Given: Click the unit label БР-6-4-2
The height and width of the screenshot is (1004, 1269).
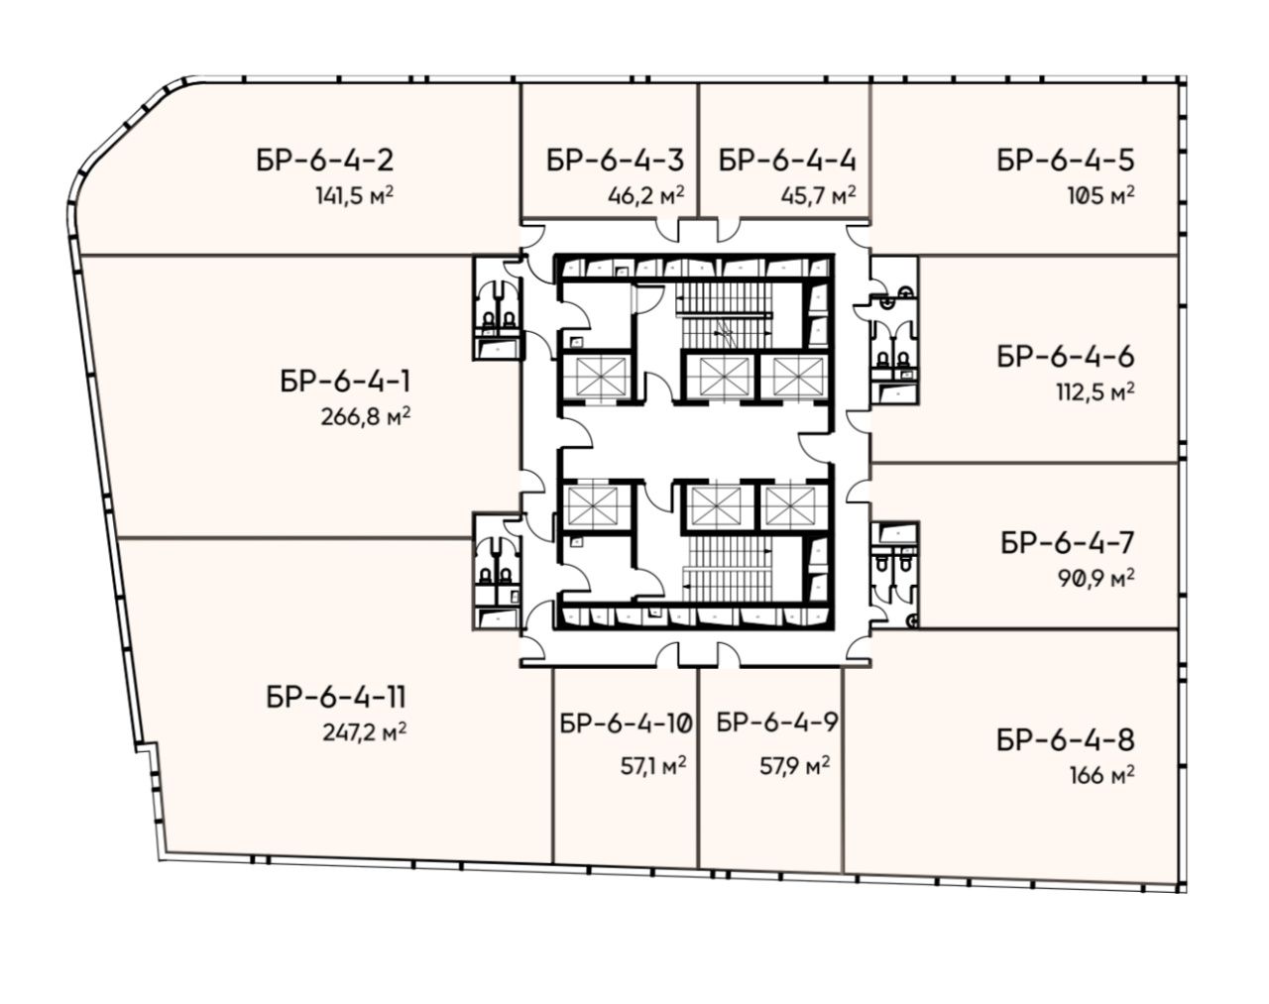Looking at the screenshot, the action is click(x=324, y=161).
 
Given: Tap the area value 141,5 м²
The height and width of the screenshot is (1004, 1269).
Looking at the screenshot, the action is click(x=354, y=195).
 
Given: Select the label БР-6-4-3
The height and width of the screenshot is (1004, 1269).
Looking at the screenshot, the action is click(x=615, y=161).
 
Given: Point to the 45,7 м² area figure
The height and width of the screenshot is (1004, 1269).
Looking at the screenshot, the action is click(x=819, y=195).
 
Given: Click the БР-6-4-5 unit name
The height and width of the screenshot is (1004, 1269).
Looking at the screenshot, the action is click(x=1066, y=161).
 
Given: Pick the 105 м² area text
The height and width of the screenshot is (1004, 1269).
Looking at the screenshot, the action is click(x=1100, y=195).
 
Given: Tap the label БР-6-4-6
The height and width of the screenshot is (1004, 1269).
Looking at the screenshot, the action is click(x=1066, y=357).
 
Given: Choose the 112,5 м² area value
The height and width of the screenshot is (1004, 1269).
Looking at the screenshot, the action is click(x=1096, y=392).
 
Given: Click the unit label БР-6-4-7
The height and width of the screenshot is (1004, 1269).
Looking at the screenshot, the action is click(x=1068, y=543).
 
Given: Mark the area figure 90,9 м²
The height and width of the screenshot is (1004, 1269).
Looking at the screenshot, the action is click(x=1096, y=579).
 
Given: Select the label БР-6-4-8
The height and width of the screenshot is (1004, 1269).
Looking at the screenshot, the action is click(x=1066, y=740).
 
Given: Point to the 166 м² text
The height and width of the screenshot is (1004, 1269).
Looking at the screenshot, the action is click(x=1102, y=775).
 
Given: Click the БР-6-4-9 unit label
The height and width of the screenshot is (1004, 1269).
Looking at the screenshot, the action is click(x=777, y=723).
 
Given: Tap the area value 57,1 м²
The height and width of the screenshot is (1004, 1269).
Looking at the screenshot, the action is click(x=652, y=766).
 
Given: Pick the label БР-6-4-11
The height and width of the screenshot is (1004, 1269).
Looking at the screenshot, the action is click(x=336, y=698).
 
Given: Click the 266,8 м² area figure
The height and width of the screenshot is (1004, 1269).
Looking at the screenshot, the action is click(x=366, y=417).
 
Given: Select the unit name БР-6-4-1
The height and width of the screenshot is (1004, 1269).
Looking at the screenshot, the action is click(x=345, y=382).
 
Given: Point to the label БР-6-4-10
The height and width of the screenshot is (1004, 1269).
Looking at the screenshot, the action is click(x=627, y=723).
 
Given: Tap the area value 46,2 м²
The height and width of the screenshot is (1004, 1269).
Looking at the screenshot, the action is click(x=646, y=195).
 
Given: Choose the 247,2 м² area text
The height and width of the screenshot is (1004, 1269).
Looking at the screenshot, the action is click(x=365, y=732).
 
